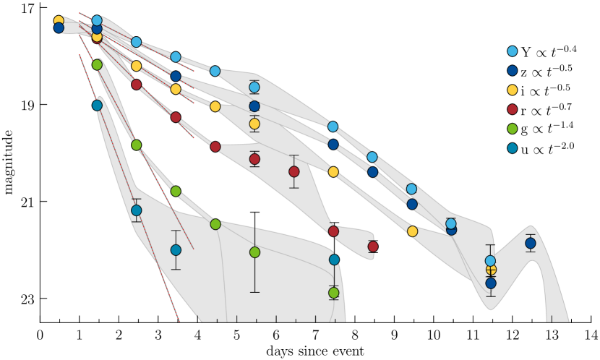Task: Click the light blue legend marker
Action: [512, 51]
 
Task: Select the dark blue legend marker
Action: [512, 71]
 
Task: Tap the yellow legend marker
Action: [512, 90]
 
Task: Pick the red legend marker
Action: [512, 109]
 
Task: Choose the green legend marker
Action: [512, 129]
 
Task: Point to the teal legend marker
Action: [512, 148]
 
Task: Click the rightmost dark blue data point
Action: [530, 244]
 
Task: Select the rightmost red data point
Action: [372, 247]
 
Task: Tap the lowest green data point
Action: [333, 293]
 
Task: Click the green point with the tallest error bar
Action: [254, 252]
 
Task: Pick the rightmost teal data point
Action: [334, 260]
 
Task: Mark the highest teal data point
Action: [97, 106]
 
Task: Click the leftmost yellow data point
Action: [59, 21]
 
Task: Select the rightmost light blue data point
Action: [490, 261]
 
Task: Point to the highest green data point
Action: [97, 65]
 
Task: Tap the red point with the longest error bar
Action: [293, 171]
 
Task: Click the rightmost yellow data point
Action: [491, 270]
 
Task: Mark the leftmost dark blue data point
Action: [59, 27]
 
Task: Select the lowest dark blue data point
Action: [490, 283]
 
